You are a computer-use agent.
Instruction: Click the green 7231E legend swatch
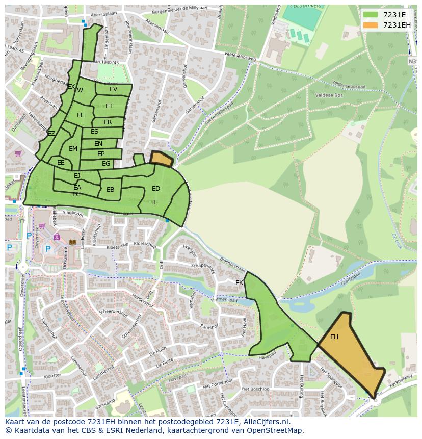point(370,15)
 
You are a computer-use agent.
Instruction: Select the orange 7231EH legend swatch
point(370,25)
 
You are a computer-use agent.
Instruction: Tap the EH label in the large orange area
point(334,337)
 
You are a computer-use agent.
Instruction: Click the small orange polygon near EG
point(162,159)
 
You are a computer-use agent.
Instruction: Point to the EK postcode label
point(239,282)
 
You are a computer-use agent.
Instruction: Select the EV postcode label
point(113,89)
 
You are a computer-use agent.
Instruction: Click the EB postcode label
point(110,190)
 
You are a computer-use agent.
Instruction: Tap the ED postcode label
point(156,189)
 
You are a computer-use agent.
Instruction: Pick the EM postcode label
point(73,149)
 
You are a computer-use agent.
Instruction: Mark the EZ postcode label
point(51,134)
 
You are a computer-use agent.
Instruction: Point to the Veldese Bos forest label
point(329,95)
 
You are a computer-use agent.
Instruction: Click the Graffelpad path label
point(351,279)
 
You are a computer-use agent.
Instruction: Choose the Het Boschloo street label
point(257,389)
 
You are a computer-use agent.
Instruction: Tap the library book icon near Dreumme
point(72,242)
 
